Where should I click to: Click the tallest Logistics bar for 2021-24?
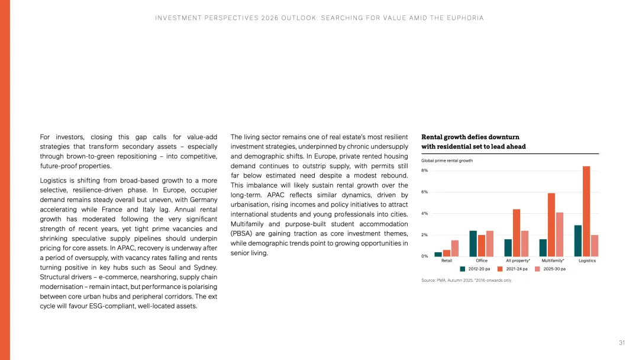[x=586, y=211]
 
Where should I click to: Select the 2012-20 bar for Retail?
[x=438, y=254]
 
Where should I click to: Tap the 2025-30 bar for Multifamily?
[x=560, y=234]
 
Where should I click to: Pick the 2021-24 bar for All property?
[x=517, y=233]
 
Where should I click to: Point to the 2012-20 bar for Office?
[x=473, y=243]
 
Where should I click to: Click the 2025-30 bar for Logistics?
[x=595, y=246]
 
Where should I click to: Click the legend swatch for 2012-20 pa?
[x=463, y=269]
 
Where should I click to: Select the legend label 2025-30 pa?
[x=554, y=269]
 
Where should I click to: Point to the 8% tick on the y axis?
[x=424, y=171]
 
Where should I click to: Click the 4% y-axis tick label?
[x=424, y=214]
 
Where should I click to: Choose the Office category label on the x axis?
[x=482, y=261]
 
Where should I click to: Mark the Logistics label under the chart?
[x=587, y=261]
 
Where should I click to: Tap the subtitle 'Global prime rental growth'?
[x=447, y=160]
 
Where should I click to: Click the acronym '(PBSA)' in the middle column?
[x=242, y=233]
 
